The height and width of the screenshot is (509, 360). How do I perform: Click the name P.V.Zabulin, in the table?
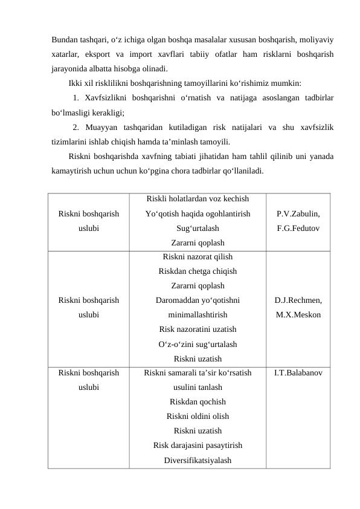click(298, 215)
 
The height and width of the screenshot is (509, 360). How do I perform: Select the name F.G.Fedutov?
click(298, 229)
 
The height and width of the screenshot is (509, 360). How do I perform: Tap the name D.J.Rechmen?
click(298, 300)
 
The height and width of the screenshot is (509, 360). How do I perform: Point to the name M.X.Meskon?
click(298, 315)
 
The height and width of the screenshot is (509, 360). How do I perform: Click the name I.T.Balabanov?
click(298, 373)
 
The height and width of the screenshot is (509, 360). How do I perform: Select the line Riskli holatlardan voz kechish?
click(198, 199)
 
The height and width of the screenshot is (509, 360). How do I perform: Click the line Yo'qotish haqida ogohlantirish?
click(198, 214)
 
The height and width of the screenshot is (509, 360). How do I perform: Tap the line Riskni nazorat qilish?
click(198, 256)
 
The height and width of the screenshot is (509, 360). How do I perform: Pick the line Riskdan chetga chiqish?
click(198, 271)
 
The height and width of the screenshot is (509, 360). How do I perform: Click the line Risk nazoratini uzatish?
click(198, 329)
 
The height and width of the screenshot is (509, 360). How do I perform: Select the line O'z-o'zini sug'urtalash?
click(198, 344)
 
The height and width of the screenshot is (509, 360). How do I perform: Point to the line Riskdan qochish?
click(198, 402)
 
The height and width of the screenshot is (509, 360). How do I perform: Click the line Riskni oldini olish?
click(198, 417)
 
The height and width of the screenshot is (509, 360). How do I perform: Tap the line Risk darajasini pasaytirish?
click(198, 446)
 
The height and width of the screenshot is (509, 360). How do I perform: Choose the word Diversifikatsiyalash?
click(198, 461)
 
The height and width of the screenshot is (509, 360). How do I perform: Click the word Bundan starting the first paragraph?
click(65, 41)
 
